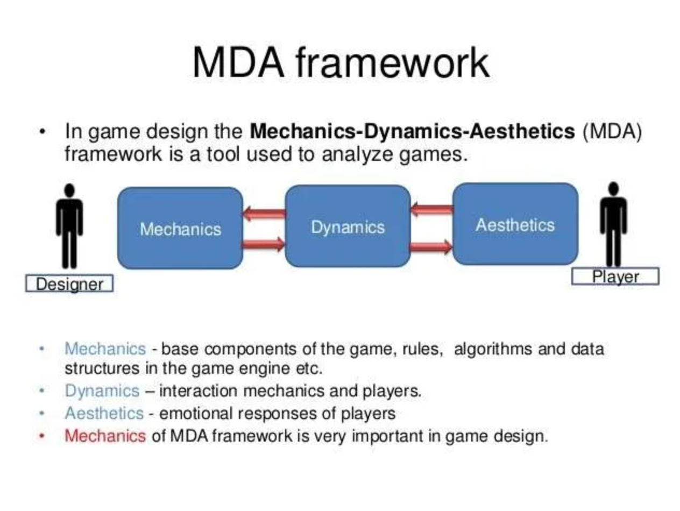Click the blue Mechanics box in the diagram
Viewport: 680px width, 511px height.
(x=180, y=228)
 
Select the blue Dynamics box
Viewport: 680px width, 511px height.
(x=348, y=226)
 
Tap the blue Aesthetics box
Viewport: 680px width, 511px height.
(x=515, y=224)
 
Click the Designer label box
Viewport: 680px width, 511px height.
(x=69, y=283)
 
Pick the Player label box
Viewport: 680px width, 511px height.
(x=615, y=276)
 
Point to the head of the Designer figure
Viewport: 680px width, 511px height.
(x=69, y=190)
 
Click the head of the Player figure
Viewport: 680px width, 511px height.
(x=613, y=188)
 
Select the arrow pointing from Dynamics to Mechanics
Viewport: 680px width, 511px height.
(x=264, y=214)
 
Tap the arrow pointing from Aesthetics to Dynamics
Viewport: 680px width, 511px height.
(x=431, y=210)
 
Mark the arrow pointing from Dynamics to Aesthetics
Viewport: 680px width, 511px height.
(x=431, y=247)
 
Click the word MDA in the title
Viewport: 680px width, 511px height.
(x=238, y=62)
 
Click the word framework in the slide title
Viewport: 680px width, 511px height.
(x=393, y=62)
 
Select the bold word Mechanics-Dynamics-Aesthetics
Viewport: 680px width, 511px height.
(x=412, y=131)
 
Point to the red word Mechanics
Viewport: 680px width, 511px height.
(x=105, y=436)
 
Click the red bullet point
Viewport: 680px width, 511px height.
(x=42, y=436)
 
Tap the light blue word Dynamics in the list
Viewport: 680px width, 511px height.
(x=102, y=391)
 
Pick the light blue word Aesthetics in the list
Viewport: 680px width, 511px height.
(x=104, y=413)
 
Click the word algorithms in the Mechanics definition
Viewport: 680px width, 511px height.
(x=493, y=350)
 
